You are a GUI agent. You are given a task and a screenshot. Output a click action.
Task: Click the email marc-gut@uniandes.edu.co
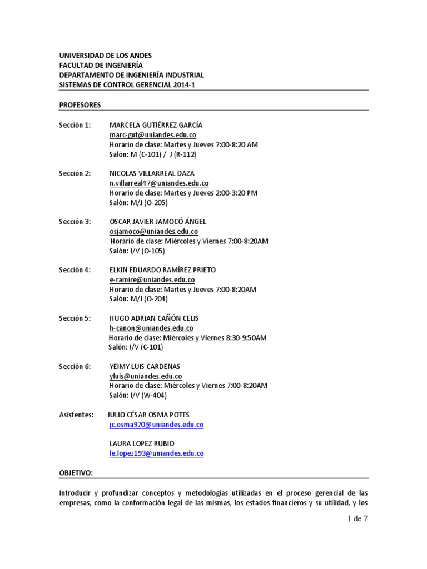[153, 135]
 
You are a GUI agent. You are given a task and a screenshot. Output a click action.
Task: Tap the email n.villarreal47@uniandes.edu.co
[159, 183]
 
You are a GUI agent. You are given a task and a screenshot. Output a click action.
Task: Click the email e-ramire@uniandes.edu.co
[152, 280]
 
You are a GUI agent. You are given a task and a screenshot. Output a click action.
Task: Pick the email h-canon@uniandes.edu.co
[151, 328]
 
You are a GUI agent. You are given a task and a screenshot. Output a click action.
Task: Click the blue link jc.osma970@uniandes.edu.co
[157, 425]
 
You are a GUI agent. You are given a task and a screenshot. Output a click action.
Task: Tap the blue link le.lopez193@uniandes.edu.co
[157, 453]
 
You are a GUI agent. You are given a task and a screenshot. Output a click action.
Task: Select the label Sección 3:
[75, 222]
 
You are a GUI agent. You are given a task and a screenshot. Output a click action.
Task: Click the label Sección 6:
[75, 367]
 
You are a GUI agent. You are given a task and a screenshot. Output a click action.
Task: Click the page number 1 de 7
[355, 520]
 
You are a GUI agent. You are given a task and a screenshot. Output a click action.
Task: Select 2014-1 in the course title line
[183, 84]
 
